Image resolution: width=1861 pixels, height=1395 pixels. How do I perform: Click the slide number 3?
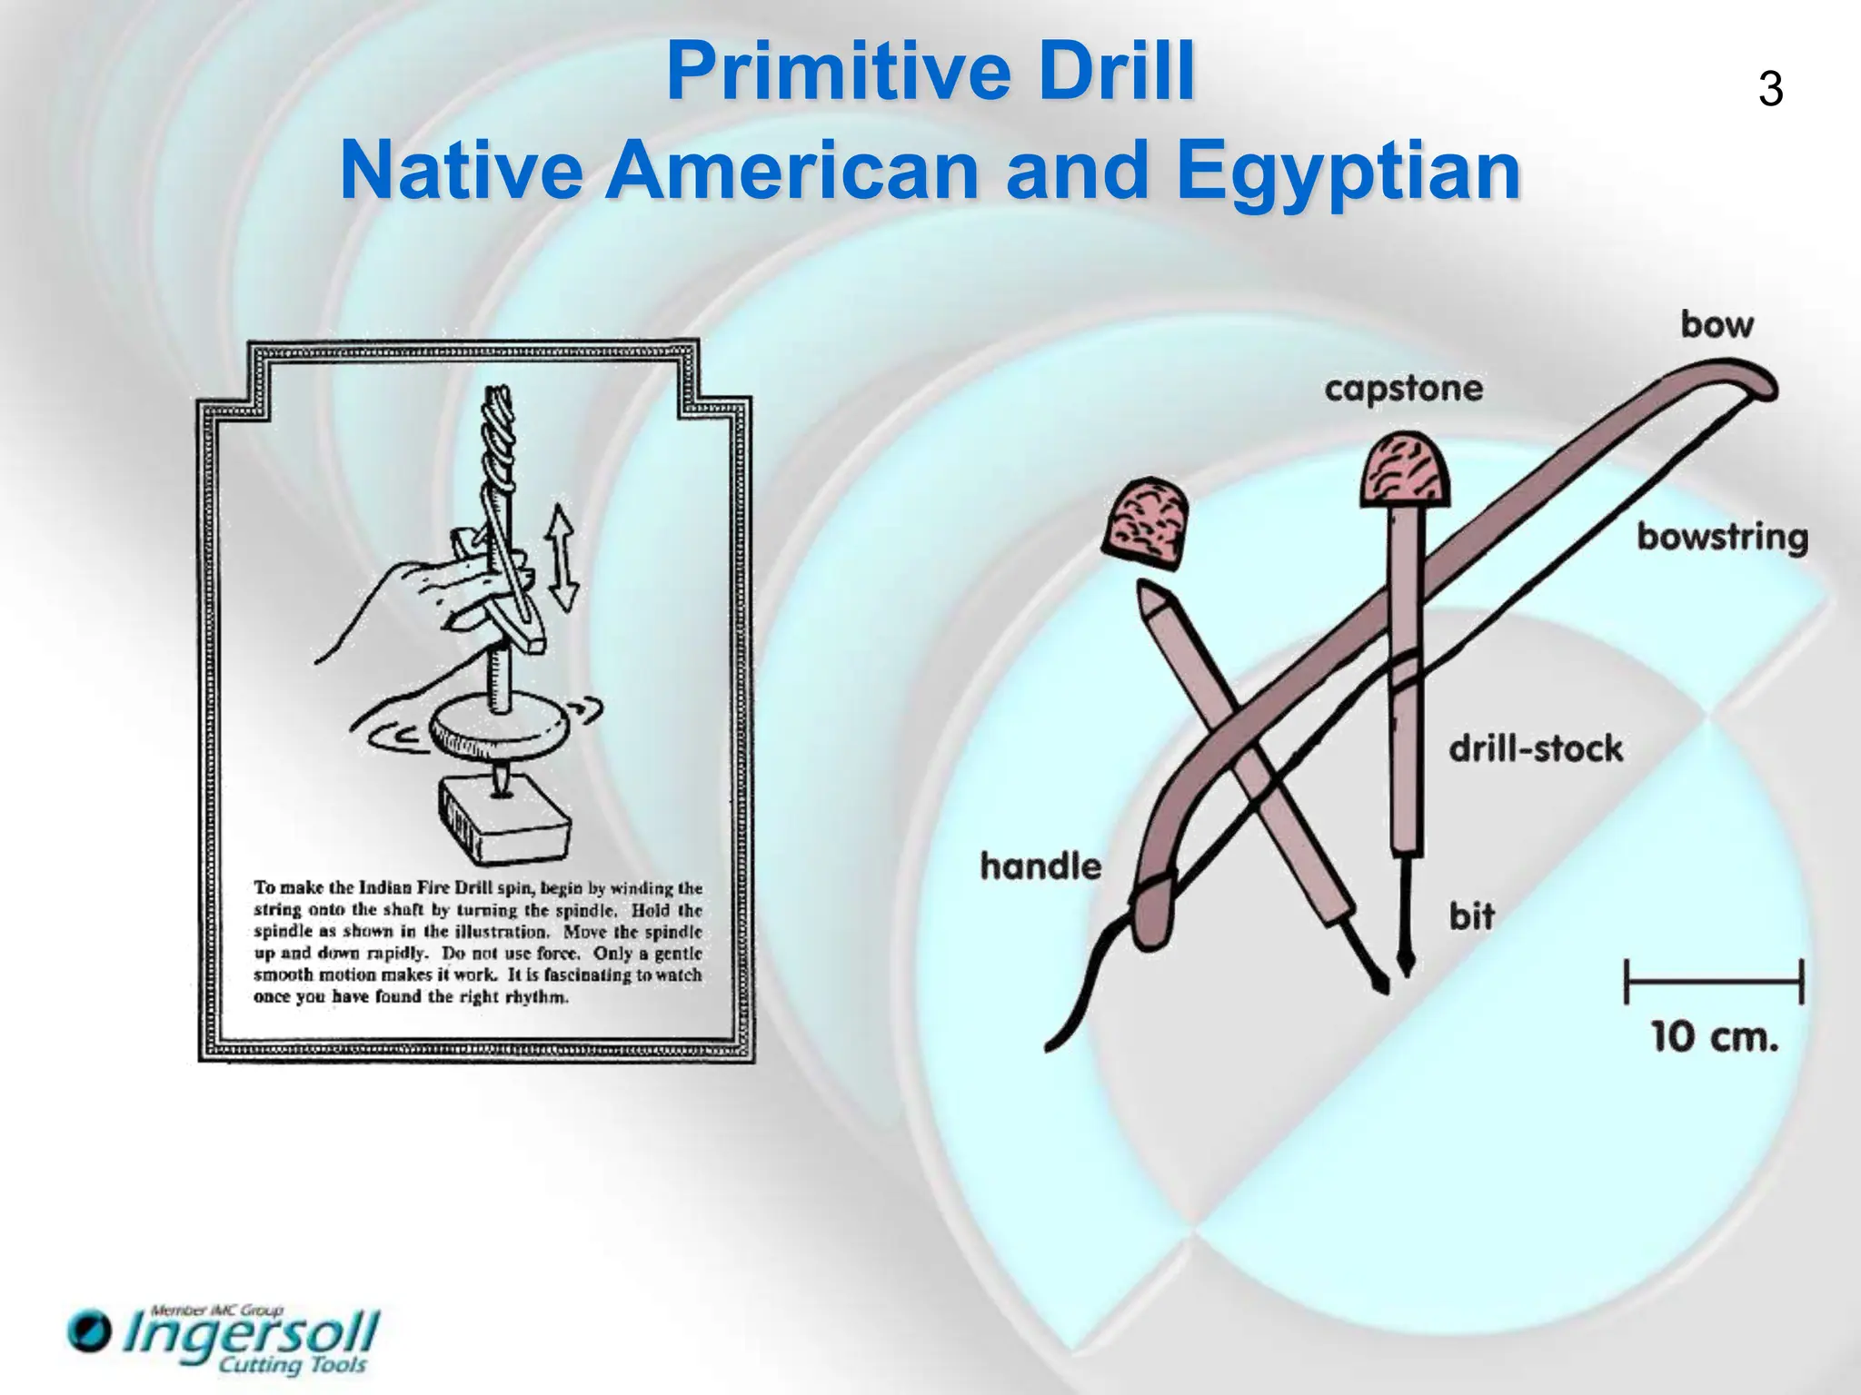tap(1770, 90)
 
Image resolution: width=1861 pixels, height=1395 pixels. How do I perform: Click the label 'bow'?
tap(1717, 324)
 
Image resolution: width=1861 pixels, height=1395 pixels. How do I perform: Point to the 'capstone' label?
tap(1403, 389)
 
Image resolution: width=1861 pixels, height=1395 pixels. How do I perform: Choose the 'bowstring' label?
tap(1722, 537)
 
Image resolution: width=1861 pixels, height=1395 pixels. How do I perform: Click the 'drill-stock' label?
tap(1535, 749)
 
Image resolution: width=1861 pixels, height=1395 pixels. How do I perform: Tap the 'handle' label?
tap(1040, 866)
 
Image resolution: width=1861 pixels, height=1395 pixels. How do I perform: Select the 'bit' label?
tap(1472, 915)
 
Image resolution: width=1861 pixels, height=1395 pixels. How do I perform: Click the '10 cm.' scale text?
tap(1714, 1036)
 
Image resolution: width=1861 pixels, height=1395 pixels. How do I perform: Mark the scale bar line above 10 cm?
tap(1714, 982)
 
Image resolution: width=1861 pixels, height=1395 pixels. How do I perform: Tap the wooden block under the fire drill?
tap(505, 818)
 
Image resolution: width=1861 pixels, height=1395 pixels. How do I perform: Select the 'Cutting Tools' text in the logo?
tap(293, 1365)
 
